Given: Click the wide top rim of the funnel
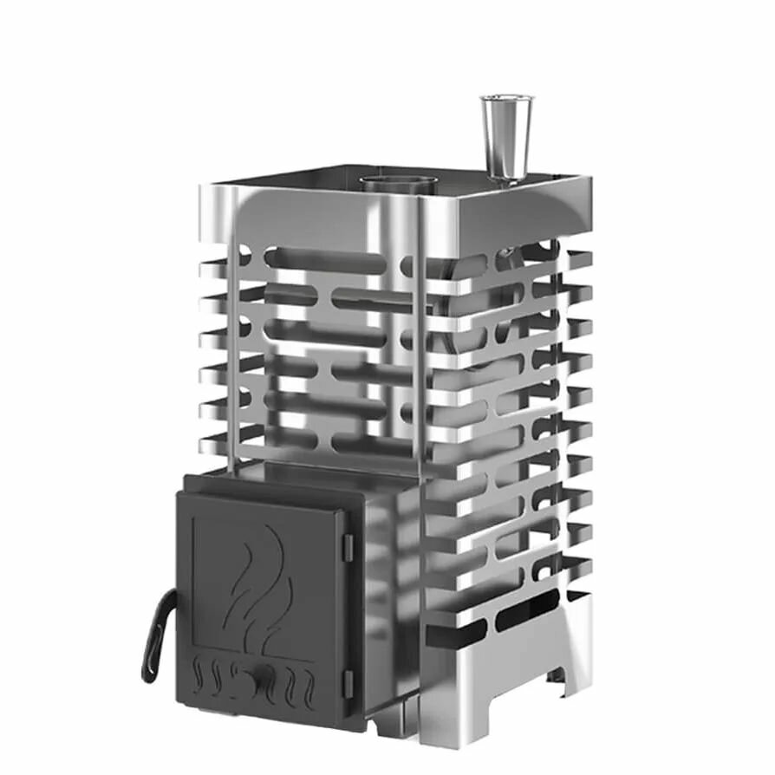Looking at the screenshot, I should coord(507,98).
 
